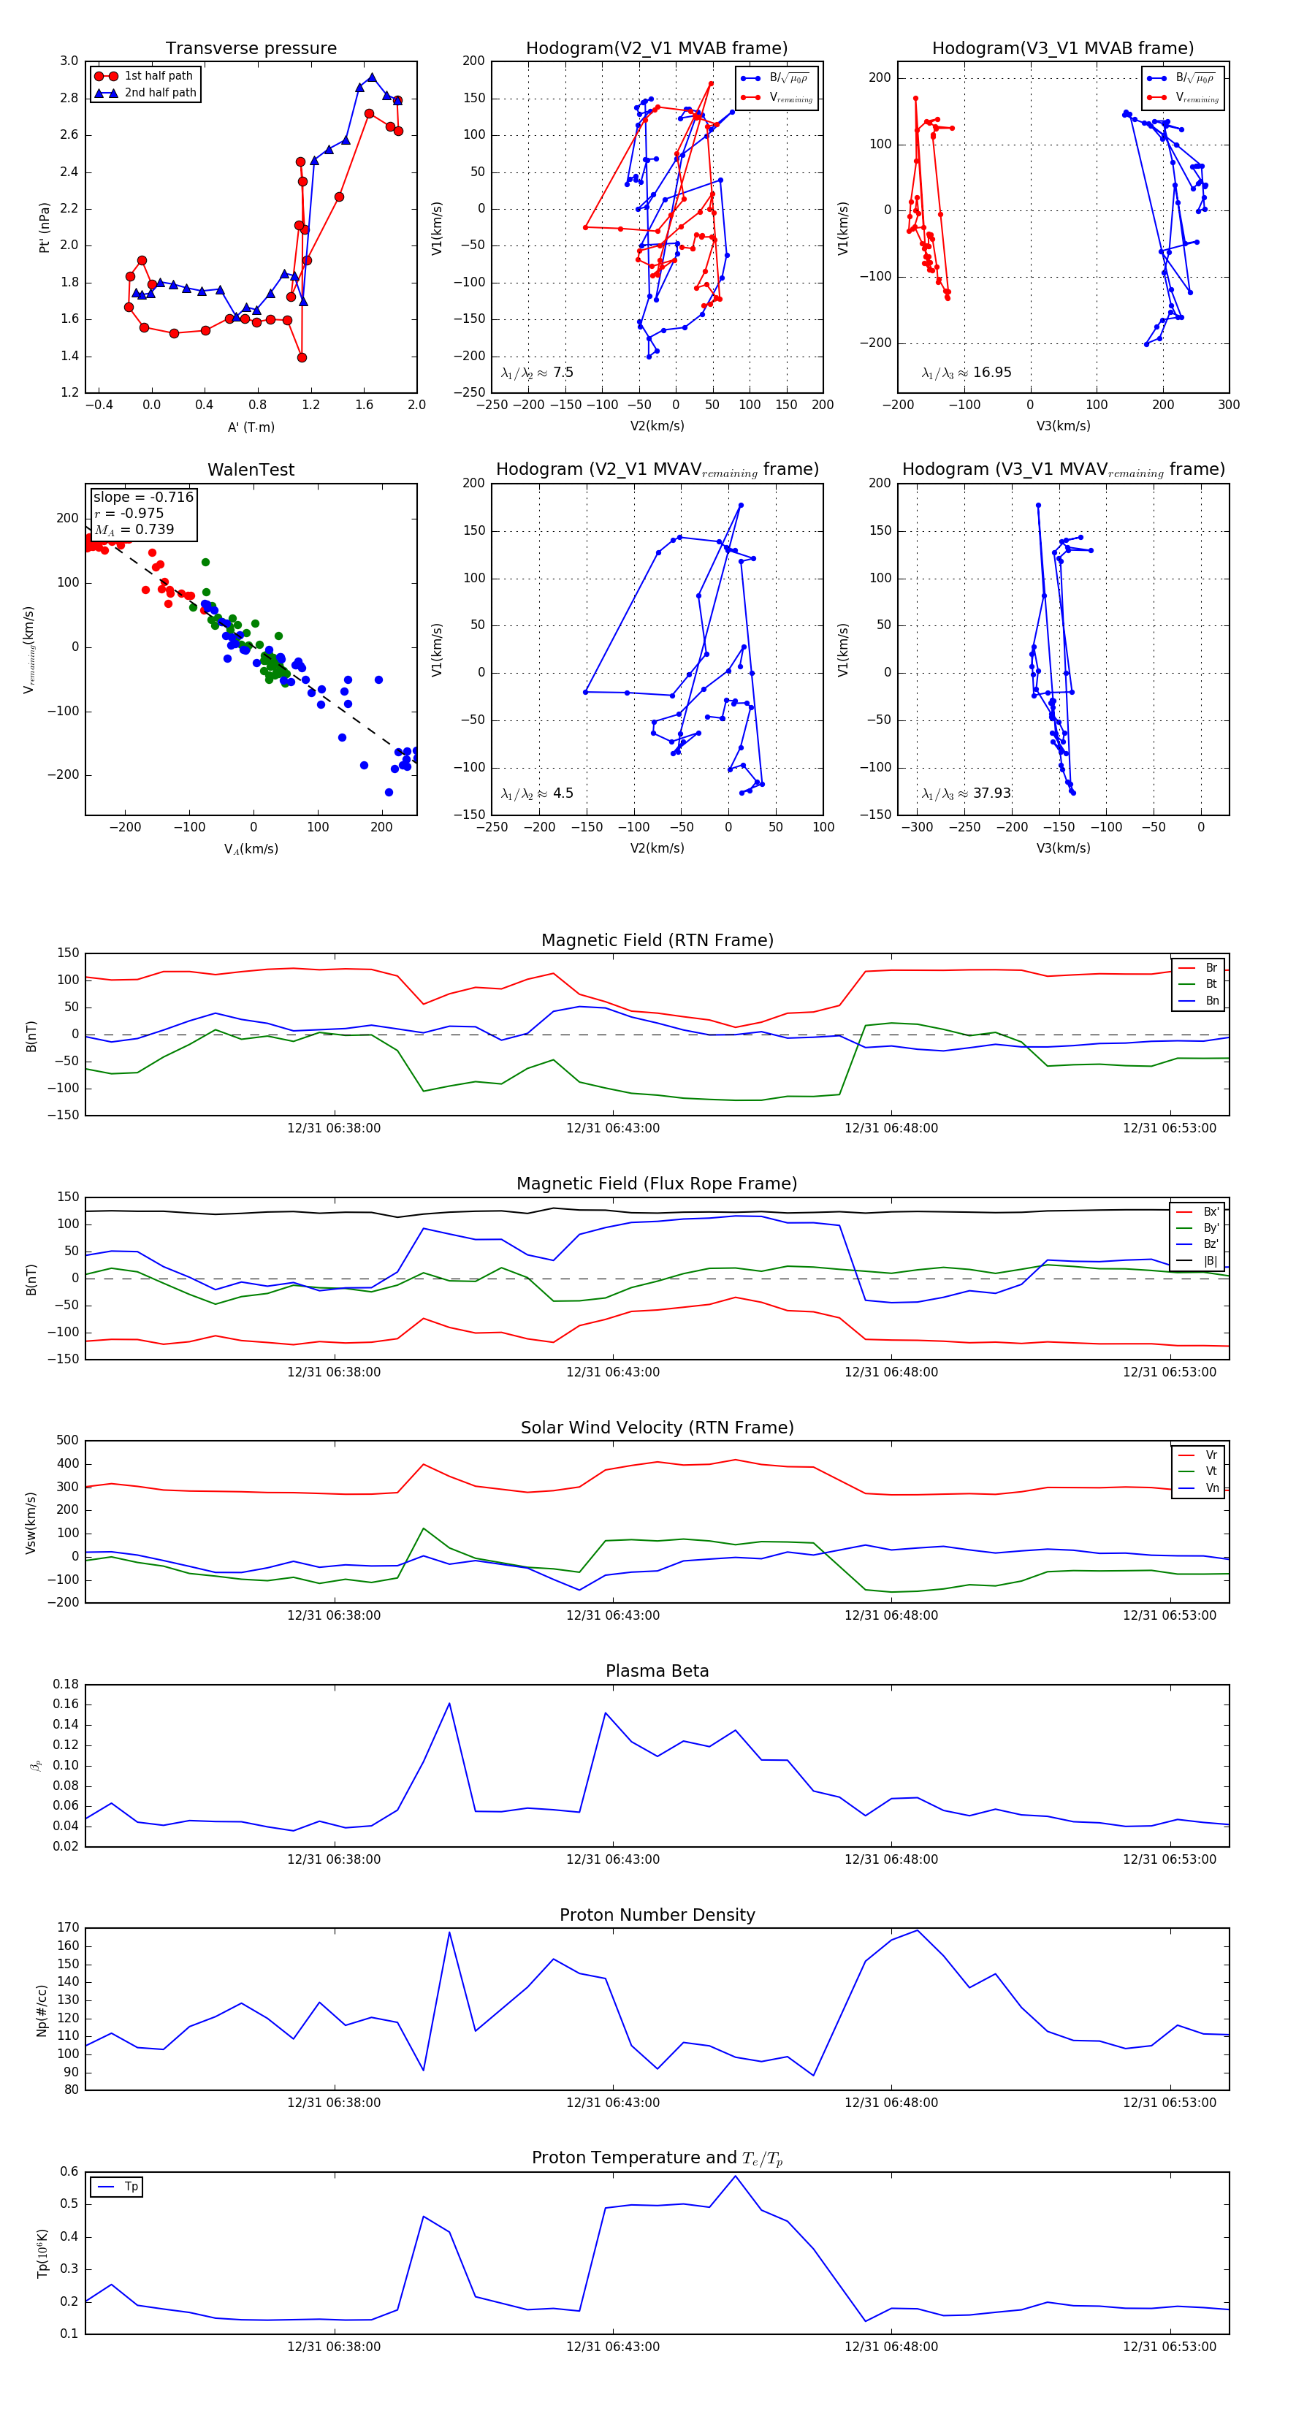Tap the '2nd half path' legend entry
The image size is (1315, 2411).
coord(160,93)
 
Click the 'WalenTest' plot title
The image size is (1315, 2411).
coord(251,470)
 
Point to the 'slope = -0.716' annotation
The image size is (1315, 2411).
coord(143,497)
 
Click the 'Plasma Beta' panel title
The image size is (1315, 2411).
coord(657,1671)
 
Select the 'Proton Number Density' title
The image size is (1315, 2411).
coord(657,1914)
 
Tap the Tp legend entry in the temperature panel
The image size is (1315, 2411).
coord(131,2187)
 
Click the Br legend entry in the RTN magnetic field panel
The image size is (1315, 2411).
coord(1211,968)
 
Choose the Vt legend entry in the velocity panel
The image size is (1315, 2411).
coord(1211,1471)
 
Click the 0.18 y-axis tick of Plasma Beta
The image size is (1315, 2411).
coord(66,1684)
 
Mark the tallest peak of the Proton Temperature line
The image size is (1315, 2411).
coord(736,2175)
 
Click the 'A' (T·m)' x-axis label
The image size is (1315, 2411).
coord(251,427)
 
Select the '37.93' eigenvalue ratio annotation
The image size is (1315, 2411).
coord(992,793)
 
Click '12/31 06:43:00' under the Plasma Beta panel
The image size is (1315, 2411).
coord(612,1859)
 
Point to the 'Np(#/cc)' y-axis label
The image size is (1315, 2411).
coord(41,2009)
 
